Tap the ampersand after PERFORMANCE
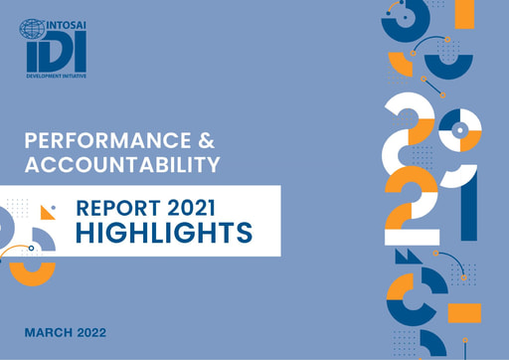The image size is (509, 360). [x=203, y=140]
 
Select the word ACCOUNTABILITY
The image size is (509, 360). [x=121, y=164]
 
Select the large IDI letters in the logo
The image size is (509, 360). [x=56, y=51]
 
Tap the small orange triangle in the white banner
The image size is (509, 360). [x=46, y=213]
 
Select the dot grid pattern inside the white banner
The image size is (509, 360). [x=18, y=210]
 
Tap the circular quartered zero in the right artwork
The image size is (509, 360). [x=459, y=129]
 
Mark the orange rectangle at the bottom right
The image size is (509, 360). [x=463, y=313]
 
